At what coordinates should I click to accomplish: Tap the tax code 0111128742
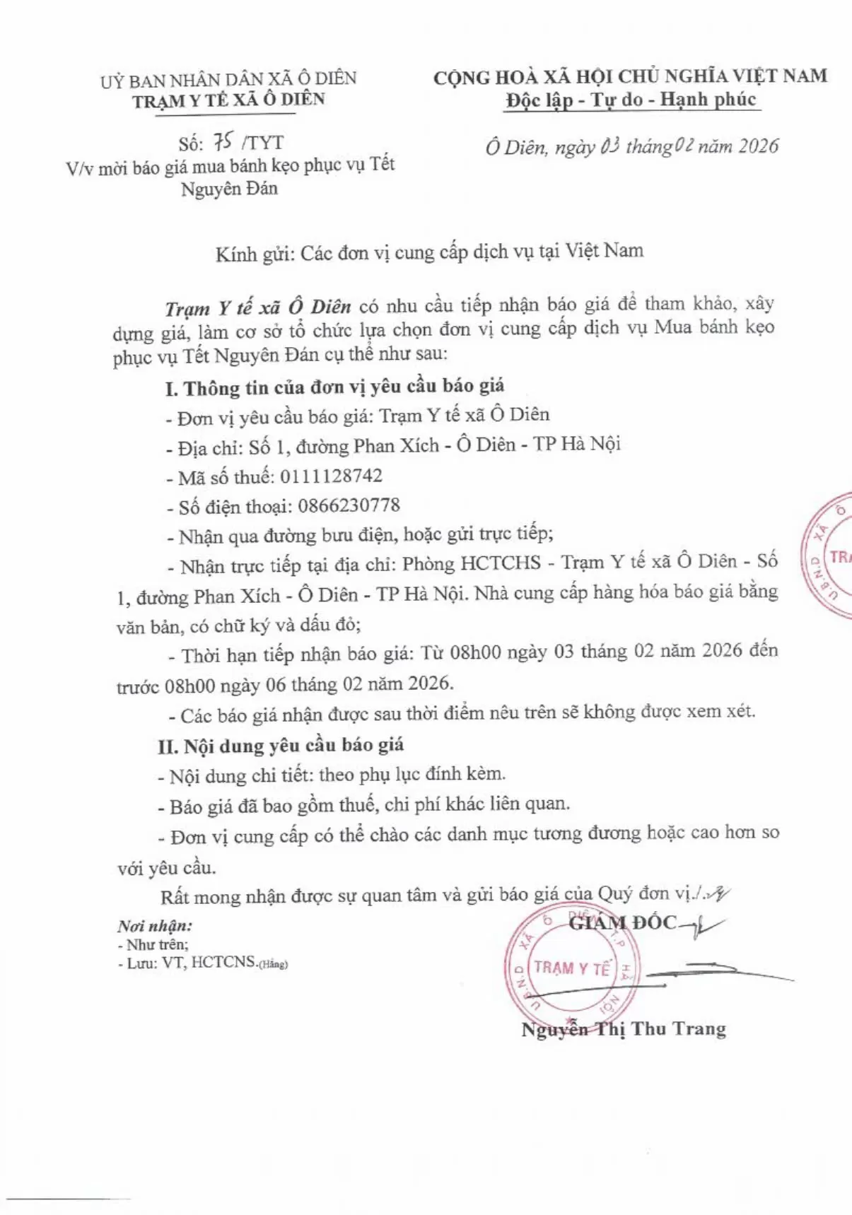click(331, 476)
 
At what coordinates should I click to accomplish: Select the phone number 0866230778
click(349, 506)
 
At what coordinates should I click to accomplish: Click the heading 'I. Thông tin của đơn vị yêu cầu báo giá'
click(334, 387)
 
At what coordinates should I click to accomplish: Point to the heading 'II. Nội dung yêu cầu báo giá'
click(281, 746)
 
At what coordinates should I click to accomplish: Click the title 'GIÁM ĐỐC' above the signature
click(622, 922)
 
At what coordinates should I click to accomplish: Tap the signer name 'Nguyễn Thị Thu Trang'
click(624, 1029)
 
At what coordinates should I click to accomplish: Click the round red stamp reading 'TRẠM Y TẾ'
click(572, 967)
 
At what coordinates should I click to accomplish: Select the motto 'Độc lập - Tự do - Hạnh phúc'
click(631, 100)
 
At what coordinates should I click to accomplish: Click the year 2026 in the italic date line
click(758, 146)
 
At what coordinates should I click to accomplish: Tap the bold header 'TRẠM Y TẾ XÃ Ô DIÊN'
click(228, 100)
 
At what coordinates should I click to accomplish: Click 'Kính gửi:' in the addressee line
click(255, 254)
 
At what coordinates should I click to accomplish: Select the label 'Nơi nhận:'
click(155, 926)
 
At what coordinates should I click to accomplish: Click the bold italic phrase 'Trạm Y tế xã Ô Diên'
click(258, 307)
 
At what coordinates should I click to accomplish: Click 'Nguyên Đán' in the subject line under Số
click(229, 189)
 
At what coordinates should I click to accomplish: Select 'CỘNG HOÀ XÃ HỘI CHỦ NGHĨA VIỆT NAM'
click(630, 76)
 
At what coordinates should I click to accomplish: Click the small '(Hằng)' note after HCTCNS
click(274, 964)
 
